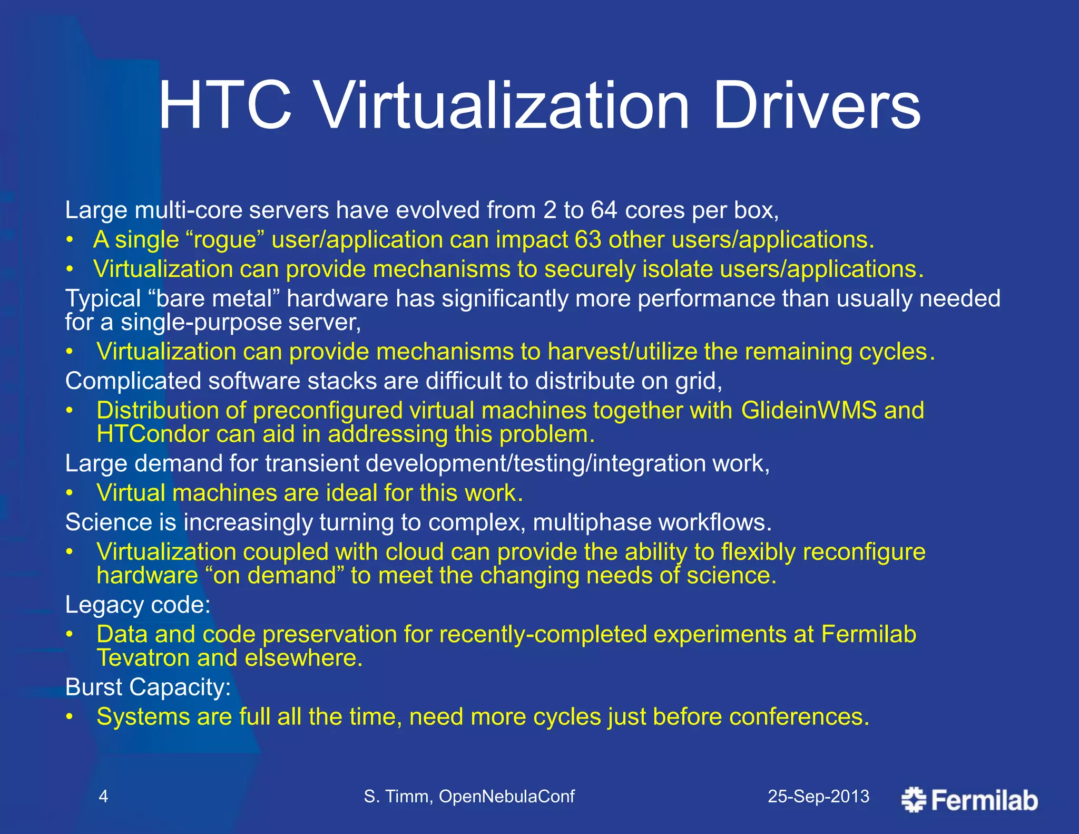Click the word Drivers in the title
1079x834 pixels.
pyautogui.click(x=816, y=106)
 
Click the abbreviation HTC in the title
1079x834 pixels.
pyautogui.click(x=225, y=106)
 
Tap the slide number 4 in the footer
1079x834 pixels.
pyautogui.click(x=103, y=796)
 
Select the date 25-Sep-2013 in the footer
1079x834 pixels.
pyautogui.click(x=818, y=796)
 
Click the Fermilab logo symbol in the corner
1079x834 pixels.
pyautogui.click(x=914, y=799)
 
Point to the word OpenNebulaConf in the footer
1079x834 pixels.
pyautogui.click(x=506, y=796)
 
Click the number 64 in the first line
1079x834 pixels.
pyautogui.click(x=604, y=210)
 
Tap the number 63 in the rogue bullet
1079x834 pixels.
pyautogui.click(x=588, y=240)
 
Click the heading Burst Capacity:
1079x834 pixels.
pyautogui.click(x=148, y=687)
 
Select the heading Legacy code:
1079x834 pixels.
pyautogui.click(x=138, y=605)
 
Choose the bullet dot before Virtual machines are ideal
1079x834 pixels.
pyautogui.click(x=69, y=493)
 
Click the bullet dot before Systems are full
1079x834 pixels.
pyautogui.click(x=69, y=717)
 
